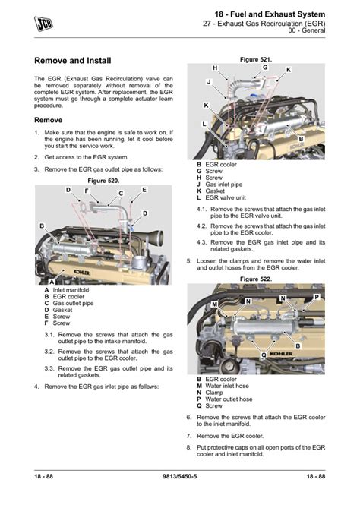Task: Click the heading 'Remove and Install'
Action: [73, 60]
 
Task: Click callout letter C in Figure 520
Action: [121, 194]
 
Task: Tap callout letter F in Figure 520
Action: [87, 191]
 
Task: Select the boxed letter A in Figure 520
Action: [50, 282]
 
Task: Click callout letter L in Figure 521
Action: [204, 123]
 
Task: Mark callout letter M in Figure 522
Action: [215, 304]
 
